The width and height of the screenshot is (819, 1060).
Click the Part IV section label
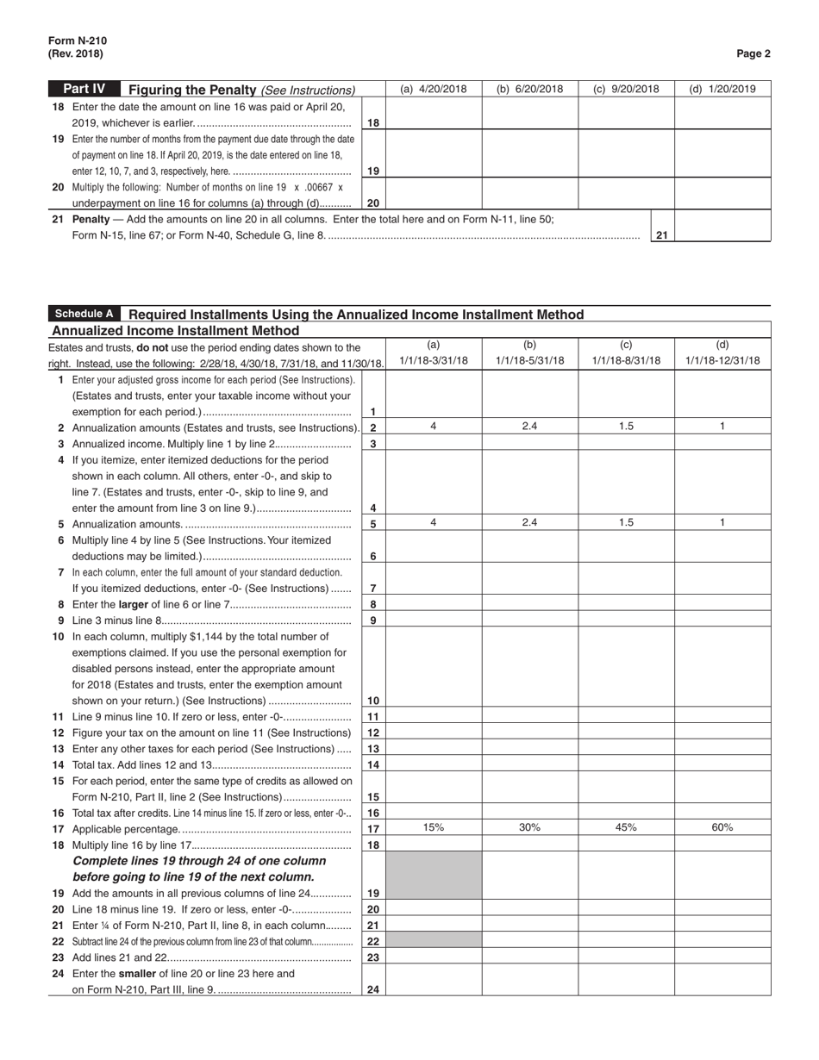tap(84, 89)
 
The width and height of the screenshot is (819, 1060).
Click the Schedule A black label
tap(84, 315)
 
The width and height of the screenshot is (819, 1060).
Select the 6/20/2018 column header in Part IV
tap(529, 89)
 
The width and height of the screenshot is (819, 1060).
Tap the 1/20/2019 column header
tap(722, 89)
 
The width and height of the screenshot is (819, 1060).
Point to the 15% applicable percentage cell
tap(434, 827)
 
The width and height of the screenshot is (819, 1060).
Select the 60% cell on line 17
tap(722, 827)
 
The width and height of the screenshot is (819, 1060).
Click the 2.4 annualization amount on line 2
tap(529, 427)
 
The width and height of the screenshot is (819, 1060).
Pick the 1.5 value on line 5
tap(626, 522)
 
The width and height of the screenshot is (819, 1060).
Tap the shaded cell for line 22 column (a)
tap(434, 941)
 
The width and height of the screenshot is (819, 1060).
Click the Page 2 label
tap(753, 53)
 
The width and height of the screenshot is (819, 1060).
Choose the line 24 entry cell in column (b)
tap(529, 981)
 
